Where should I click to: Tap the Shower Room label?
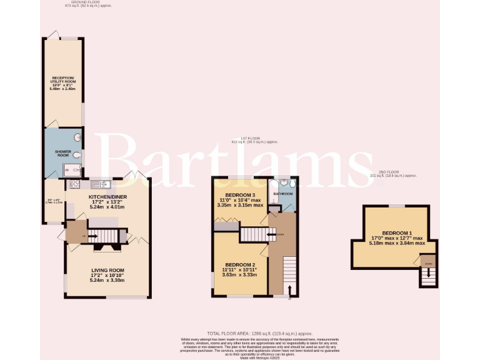tap(63, 151)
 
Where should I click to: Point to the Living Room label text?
tap(107, 270)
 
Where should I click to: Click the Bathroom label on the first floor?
tap(282, 194)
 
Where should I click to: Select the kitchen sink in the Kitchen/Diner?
tap(103, 184)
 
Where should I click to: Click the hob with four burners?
tap(75, 184)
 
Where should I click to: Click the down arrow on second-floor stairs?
tap(428, 273)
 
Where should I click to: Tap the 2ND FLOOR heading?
tap(393, 171)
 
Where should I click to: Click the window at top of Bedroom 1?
tap(396, 206)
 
